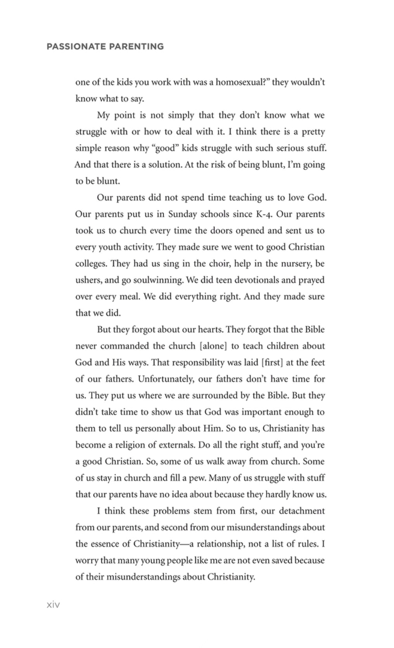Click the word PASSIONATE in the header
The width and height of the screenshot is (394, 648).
click(x=76, y=47)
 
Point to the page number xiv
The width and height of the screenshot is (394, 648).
click(x=53, y=605)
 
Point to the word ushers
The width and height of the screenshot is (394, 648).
click(x=88, y=280)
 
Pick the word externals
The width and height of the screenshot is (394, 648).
click(x=175, y=445)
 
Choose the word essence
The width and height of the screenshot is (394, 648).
click(x=105, y=544)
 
